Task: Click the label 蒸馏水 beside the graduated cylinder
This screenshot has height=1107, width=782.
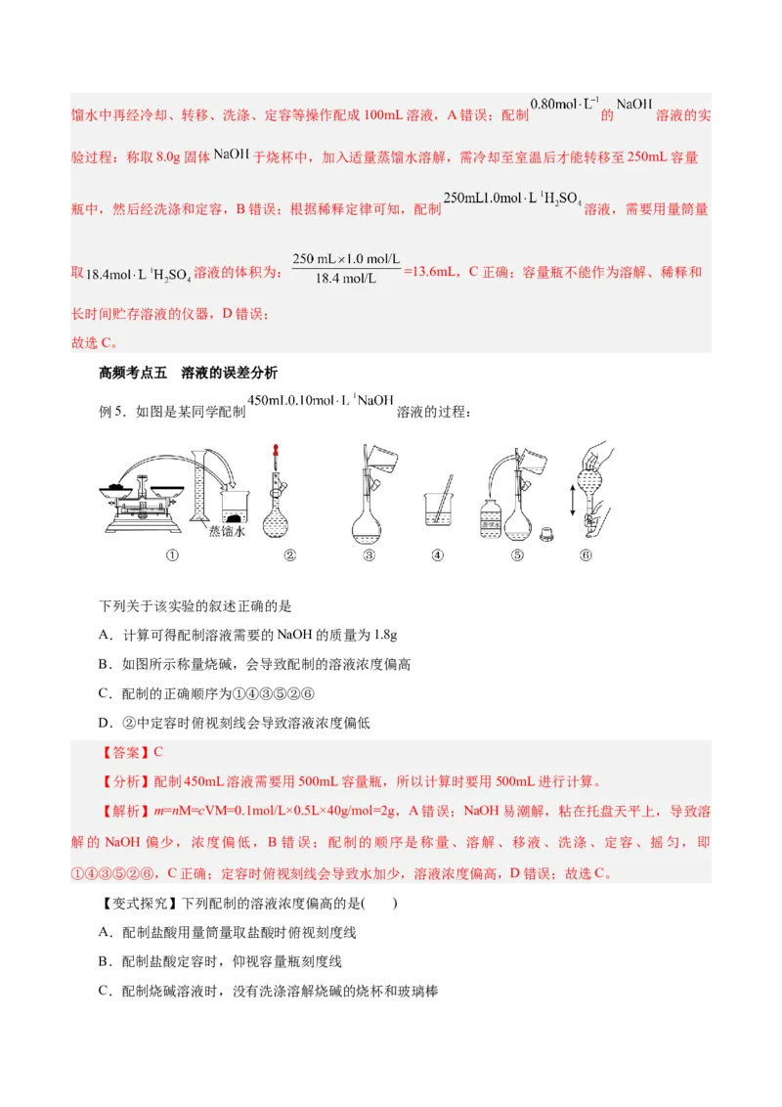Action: (227, 532)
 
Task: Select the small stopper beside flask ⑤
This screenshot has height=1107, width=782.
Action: (547, 533)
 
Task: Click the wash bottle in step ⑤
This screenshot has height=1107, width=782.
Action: (491, 513)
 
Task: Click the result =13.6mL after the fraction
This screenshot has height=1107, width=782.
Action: (431, 272)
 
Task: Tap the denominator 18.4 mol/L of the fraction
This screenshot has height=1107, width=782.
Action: (346, 280)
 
